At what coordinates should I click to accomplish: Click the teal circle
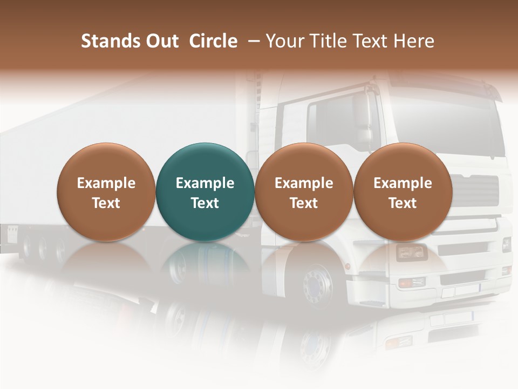(205, 192)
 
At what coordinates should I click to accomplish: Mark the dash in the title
(252, 41)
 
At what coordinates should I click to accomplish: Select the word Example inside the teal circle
(205, 183)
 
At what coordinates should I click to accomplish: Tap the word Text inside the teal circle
(205, 203)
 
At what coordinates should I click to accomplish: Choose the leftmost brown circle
(106, 192)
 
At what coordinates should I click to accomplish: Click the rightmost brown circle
(403, 192)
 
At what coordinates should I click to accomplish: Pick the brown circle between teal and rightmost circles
(304, 192)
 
